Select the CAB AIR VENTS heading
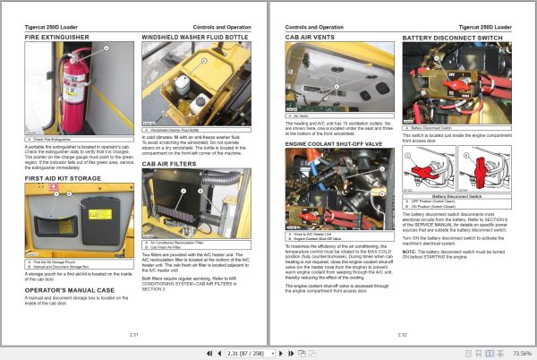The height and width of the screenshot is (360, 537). (311, 39)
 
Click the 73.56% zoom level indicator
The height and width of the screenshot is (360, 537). (516, 353)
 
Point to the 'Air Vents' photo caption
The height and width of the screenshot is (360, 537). (305, 116)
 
